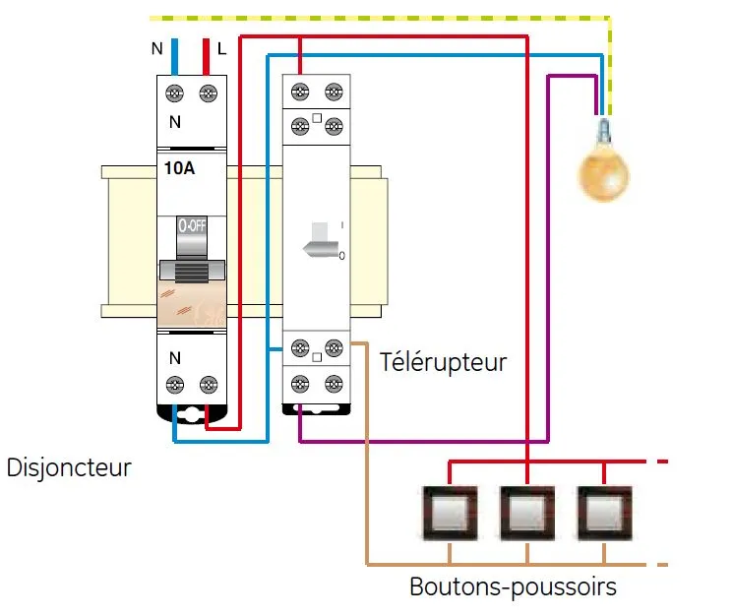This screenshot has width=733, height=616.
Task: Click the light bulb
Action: (602, 173)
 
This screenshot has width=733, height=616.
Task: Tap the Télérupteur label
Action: (444, 362)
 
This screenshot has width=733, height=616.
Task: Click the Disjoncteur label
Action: (69, 466)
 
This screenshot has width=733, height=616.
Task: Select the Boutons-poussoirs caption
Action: (514, 587)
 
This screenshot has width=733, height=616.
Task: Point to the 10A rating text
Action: (179, 169)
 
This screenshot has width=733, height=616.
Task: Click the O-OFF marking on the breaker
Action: (192, 225)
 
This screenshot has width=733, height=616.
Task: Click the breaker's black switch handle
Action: (192, 270)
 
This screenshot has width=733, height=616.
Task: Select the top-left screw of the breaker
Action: (175, 93)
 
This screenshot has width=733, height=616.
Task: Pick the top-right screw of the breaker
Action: (208, 93)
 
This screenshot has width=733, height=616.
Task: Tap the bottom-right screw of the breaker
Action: (208, 387)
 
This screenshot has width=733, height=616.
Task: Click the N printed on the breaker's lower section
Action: (175, 358)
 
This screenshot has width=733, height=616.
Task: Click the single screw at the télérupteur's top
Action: (299, 92)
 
